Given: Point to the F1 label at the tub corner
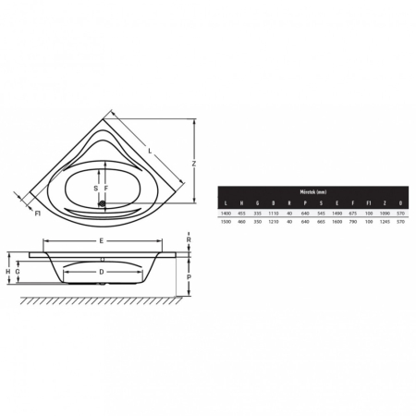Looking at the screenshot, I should [x=37, y=214].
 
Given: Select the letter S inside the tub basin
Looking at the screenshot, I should [x=98, y=189].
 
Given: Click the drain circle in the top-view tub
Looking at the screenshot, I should [x=103, y=205].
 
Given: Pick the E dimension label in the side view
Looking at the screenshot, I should [x=102, y=241].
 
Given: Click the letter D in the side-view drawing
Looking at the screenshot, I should [x=102, y=272].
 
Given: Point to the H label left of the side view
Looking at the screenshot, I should [x=7, y=271].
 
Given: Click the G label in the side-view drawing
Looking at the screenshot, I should [x=18, y=271].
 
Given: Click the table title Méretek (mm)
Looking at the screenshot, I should [x=312, y=191].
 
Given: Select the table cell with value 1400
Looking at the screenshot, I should [x=224, y=213].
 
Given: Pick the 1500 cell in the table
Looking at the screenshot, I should [x=224, y=222].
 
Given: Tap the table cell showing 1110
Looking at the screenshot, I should [x=272, y=213].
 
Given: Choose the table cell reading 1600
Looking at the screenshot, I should [x=336, y=222].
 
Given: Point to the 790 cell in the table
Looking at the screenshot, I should [x=351, y=222].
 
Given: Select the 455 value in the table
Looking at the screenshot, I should [x=239, y=213].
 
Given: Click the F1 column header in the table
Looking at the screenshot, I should [x=367, y=202].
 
